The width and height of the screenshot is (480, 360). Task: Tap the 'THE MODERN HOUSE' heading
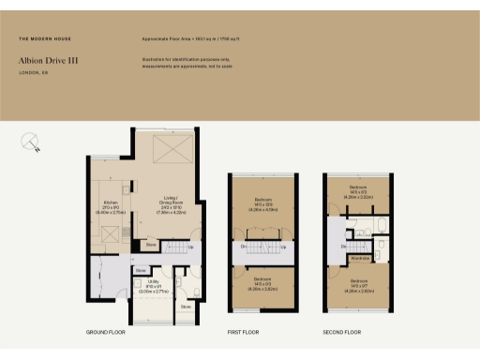coord(45,38)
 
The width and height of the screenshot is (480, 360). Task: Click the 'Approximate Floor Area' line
coord(192,38)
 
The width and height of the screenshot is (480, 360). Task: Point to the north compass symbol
coord(30,142)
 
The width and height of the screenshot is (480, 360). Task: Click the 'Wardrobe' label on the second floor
coord(359,257)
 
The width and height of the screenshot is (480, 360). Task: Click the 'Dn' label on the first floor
coord(244,247)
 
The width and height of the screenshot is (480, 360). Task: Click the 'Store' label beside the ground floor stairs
coord(150,246)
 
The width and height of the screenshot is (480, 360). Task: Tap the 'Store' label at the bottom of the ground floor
coord(186,306)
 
